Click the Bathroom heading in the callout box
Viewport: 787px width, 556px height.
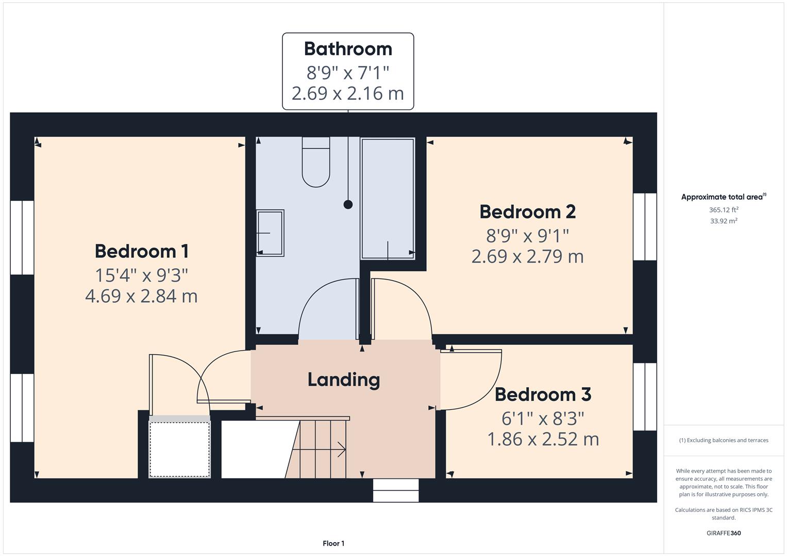point(348,49)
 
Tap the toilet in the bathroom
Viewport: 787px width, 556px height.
point(315,162)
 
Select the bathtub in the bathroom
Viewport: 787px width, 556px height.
point(388,198)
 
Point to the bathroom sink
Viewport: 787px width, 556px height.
point(270,233)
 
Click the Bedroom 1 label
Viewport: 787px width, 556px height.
point(141,251)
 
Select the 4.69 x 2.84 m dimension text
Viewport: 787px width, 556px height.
point(141,296)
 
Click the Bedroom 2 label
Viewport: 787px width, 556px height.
point(527,212)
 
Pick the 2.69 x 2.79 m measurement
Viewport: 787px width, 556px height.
point(527,256)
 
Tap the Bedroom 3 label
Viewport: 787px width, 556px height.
point(543,394)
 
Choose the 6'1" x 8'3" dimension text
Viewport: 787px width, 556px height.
point(543,418)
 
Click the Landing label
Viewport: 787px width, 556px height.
point(344,379)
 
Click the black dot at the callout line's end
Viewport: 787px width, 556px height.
point(348,204)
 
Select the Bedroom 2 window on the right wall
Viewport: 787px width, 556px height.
point(645,227)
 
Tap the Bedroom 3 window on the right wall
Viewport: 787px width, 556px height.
point(645,396)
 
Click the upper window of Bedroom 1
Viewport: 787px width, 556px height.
point(22,237)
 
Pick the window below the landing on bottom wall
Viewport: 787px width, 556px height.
point(396,490)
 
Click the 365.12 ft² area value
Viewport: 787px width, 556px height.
point(723,210)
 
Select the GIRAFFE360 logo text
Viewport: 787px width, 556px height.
point(723,533)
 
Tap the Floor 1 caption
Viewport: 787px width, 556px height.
point(333,543)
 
